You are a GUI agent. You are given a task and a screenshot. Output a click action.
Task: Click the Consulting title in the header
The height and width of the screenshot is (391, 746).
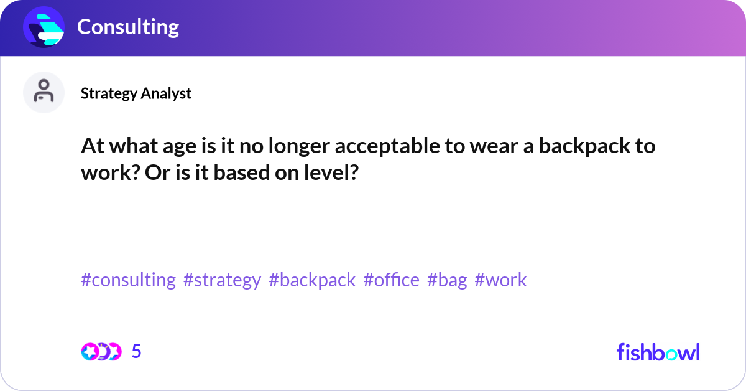click(128, 27)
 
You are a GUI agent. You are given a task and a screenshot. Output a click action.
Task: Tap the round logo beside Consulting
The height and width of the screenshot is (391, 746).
click(44, 27)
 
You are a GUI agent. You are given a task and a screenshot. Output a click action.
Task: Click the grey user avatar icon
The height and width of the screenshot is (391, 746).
click(44, 92)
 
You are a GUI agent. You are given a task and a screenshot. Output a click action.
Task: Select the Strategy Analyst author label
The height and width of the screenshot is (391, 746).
click(136, 93)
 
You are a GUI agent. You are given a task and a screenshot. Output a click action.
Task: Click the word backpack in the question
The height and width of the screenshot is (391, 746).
click(584, 146)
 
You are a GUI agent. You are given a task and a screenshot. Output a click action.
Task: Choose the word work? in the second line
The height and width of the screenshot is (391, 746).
click(110, 173)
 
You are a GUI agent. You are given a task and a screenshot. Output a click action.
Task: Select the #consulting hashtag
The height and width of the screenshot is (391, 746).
click(128, 280)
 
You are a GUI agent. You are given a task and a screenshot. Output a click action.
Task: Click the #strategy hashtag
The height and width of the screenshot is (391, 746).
click(222, 280)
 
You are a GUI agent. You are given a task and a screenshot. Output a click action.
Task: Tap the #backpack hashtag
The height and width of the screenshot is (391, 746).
click(312, 280)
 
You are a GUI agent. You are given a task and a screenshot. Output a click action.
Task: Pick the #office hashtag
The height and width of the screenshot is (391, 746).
click(391, 279)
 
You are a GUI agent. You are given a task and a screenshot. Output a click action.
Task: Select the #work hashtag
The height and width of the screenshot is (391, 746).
click(500, 279)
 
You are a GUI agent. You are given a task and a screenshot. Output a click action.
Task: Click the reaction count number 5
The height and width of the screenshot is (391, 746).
click(136, 351)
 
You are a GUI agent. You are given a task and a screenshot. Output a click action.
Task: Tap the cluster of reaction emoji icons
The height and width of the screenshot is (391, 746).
click(101, 352)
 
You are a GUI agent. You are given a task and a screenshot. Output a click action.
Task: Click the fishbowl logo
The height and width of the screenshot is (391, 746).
click(658, 352)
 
